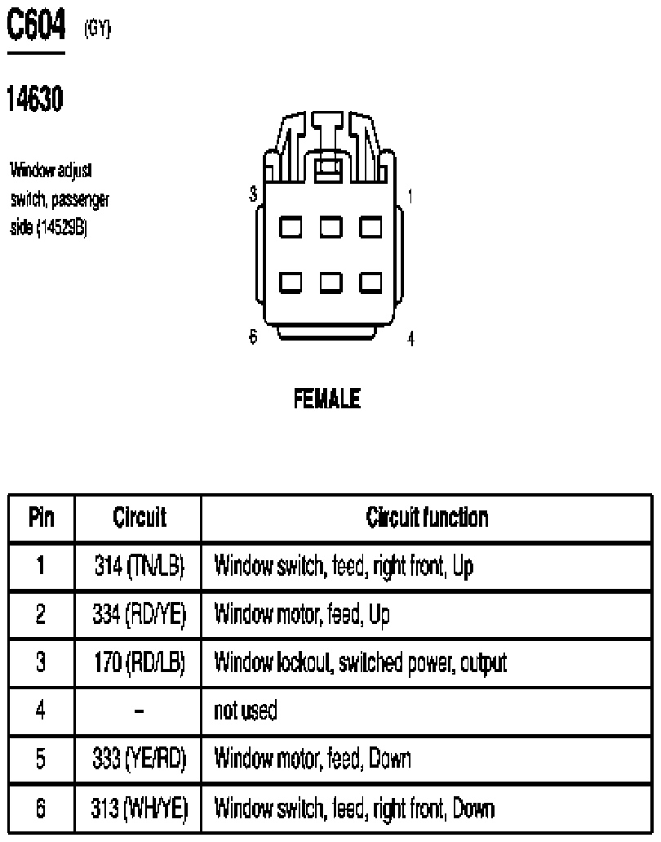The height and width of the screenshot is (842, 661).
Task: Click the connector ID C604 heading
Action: click(x=37, y=25)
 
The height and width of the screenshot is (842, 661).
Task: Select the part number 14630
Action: click(x=35, y=99)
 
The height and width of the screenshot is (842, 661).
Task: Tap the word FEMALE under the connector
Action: click(x=327, y=399)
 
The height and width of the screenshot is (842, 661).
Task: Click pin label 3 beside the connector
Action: click(x=253, y=194)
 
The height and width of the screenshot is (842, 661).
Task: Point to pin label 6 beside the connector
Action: click(x=253, y=336)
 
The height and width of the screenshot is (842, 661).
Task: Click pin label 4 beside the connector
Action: click(x=411, y=339)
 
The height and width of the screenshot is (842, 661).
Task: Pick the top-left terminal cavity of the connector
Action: click(x=291, y=226)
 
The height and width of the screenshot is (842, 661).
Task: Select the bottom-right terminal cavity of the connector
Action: click(x=370, y=283)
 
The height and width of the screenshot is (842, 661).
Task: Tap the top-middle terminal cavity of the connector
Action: click(x=331, y=226)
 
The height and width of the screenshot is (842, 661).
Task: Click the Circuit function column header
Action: click(x=427, y=517)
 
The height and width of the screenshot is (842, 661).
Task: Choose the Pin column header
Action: click(x=42, y=517)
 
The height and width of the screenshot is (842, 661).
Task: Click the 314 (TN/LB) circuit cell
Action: click(x=140, y=567)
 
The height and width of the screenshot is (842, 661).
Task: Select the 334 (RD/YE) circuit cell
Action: click(x=140, y=614)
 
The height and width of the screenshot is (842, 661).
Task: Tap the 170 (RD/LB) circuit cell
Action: click(x=140, y=662)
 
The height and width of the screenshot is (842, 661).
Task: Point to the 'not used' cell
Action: click(x=246, y=711)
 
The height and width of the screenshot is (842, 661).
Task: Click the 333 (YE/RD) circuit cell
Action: click(x=140, y=758)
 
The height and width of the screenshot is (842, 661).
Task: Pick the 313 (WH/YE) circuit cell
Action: click(x=140, y=809)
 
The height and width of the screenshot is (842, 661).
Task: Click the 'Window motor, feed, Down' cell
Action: click(x=313, y=758)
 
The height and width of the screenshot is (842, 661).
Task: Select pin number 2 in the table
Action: click(x=41, y=614)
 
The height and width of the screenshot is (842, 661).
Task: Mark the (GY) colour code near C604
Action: click(x=97, y=29)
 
